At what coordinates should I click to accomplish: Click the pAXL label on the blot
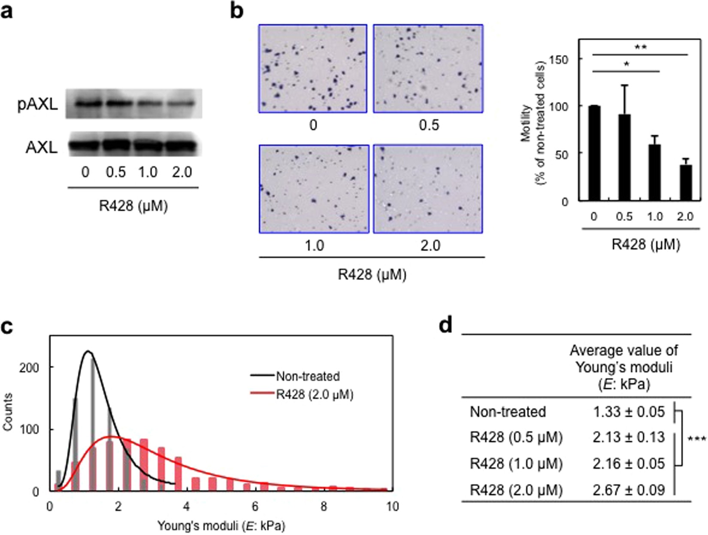38,104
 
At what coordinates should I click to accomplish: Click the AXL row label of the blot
41,147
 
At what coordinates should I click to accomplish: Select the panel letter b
237,10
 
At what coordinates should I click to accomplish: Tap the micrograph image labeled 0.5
428,69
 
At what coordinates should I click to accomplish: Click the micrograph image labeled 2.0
428,189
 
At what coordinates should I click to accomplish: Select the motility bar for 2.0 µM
685,183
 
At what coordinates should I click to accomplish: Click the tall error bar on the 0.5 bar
624,99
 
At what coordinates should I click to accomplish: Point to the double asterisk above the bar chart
640,48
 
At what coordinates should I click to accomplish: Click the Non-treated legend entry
308,376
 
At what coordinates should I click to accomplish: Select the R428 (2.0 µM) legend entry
315,394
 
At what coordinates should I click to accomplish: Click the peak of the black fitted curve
88,351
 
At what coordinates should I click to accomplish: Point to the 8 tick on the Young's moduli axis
324,506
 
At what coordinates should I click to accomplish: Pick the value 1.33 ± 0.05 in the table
629,412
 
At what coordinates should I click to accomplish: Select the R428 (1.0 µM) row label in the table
516,464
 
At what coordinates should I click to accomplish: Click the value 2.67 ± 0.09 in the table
629,490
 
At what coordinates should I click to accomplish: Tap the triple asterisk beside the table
696,439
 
